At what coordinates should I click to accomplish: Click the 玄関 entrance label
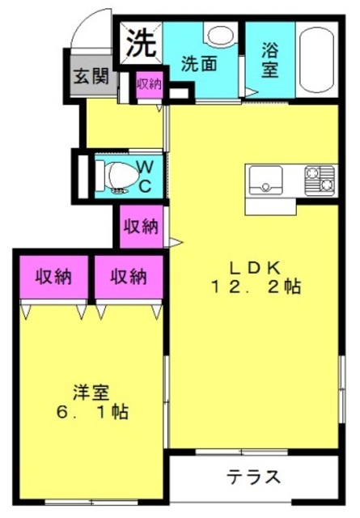[91, 76]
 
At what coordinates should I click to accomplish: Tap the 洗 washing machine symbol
[141, 43]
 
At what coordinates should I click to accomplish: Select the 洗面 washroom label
[199, 64]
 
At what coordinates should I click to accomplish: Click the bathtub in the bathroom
[316, 60]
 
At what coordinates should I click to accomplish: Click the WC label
[145, 177]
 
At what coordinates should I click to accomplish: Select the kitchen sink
[266, 180]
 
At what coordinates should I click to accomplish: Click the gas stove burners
[320, 180]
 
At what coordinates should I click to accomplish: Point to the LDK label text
[255, 268]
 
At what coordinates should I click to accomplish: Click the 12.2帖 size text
[256, 287]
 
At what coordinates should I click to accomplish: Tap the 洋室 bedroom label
[91, 393]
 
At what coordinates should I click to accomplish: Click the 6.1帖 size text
[92, 411]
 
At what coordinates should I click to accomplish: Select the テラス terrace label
[253, 477]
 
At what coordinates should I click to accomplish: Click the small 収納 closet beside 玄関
[150, 84]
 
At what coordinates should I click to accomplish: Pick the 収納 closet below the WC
[141, 227]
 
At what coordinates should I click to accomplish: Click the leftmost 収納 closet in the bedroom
[53, 277]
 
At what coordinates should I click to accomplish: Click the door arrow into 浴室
[250, 91]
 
